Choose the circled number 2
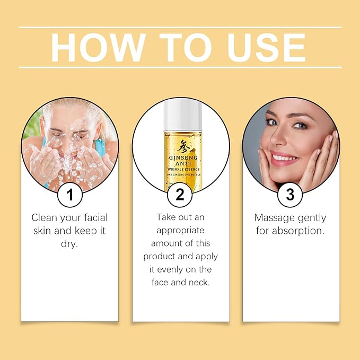click(180, 194)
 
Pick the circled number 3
click(290, 194)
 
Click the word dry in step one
click(69, 243)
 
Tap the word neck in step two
click(199, 282)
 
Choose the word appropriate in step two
click(180, 230)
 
